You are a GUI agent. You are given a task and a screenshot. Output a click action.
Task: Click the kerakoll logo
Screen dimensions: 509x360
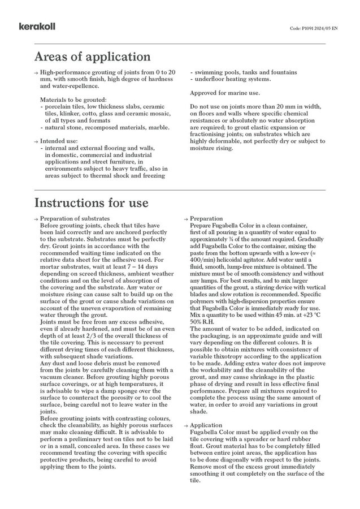(35, 27)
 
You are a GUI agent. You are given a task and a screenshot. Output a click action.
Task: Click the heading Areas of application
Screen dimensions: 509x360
(92, 57)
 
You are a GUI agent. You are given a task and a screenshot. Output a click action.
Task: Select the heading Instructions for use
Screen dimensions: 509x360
(92, 202)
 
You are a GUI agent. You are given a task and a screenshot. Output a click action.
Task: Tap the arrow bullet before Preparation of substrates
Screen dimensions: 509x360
(36, 219)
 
